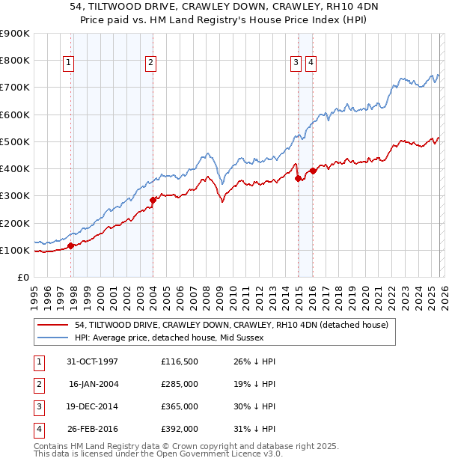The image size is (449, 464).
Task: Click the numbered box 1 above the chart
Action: (x=68, y=64)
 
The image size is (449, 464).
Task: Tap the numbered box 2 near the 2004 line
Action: (x=150, y=64)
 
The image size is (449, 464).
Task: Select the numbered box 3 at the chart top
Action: (x=296, y=64)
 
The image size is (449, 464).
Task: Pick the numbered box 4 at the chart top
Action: (x=310, y=64)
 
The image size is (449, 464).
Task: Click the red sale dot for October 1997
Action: (x=71, y=245)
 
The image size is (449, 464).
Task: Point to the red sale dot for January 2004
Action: (x=153, y=200)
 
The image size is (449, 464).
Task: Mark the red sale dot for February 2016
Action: (x=313, y=171)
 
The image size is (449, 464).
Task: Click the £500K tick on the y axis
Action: (x=15, y=141)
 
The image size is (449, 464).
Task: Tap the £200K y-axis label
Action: (x=15, y=223)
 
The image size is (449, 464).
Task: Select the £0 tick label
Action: (x=22, y=278)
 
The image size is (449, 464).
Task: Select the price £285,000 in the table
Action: (x=179, y=385)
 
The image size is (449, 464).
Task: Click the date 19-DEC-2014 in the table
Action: (x=93, y=407)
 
